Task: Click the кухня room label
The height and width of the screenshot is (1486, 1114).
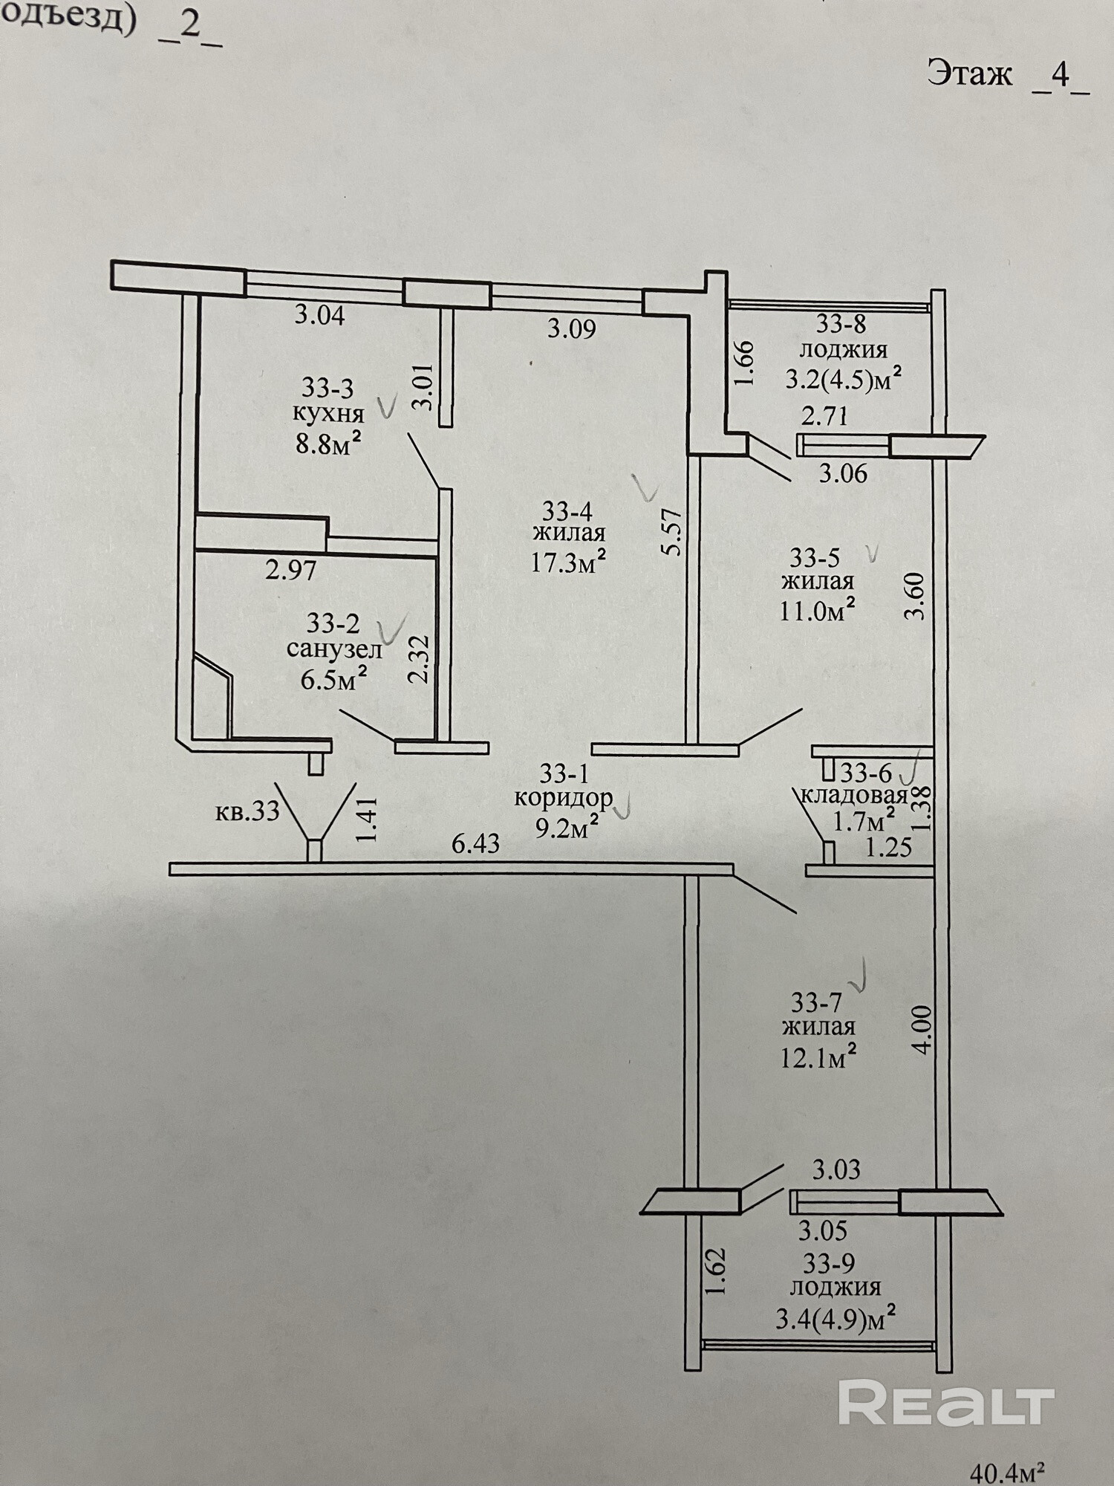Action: [x=328, y=414]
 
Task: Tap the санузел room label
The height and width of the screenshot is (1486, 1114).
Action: [x=334, y=649]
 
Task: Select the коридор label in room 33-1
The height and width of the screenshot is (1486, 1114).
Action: [x=564, y=799]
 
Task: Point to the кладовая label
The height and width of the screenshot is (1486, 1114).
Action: [x=854, y=796]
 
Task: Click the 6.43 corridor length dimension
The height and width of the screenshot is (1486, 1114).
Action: [x=475, y=844]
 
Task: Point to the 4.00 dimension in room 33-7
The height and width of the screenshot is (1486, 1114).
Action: [x=921, y=1030]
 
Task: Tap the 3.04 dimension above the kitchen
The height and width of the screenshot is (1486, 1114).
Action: [x=319, y=315]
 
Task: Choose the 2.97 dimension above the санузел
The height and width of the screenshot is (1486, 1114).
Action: [x=291, y=571]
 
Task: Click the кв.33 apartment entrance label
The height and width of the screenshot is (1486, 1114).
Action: [x=247, y=811]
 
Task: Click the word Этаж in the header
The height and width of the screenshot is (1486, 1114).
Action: [x=969, y=74]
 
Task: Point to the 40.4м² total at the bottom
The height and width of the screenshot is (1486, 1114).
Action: [x=1008, y=1470]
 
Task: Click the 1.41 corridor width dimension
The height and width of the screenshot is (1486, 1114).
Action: [x=368, y=820]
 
